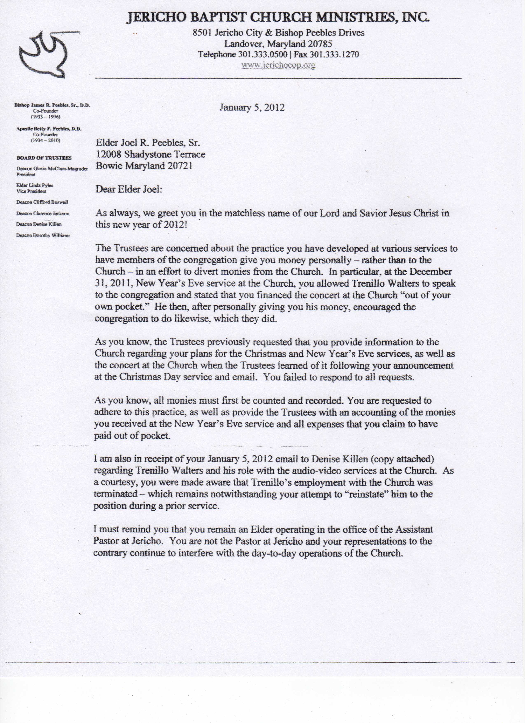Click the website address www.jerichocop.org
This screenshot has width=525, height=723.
point(278,65)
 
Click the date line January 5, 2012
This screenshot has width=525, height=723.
point(252,107)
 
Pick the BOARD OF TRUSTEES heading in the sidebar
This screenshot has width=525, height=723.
point(44,158)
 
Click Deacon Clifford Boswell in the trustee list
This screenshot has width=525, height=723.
point(42,202)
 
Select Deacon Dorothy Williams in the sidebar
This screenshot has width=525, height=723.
point(43,236)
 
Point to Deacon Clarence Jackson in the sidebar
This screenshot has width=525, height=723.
point(43,214)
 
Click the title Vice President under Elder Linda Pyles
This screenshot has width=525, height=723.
point(31,192)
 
